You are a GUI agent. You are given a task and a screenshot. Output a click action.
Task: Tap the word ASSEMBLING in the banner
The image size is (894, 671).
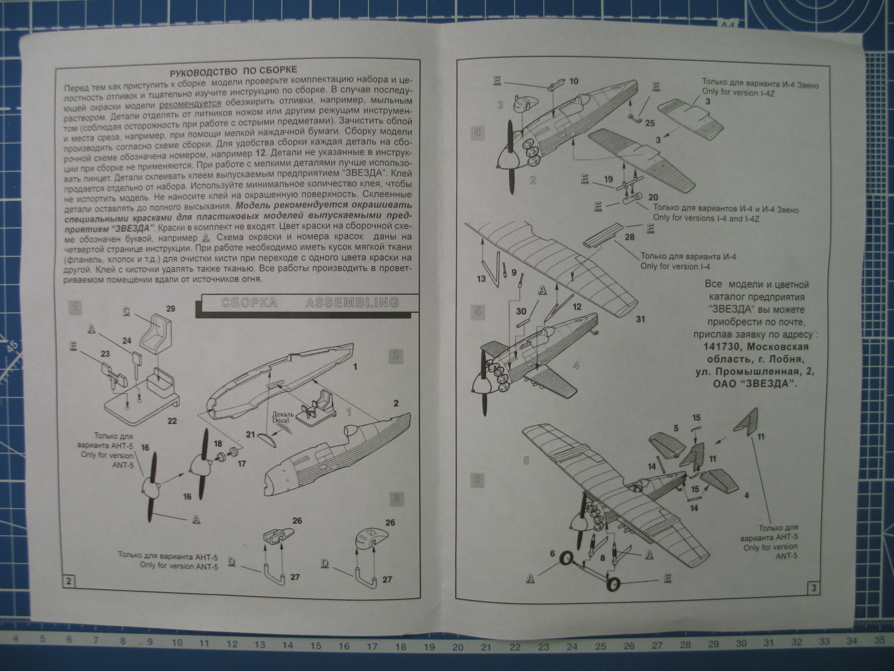[x=352, y=303]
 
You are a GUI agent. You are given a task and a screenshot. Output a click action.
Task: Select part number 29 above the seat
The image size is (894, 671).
[x=171, y=308]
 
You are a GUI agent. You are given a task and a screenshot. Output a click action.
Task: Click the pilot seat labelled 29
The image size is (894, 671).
[x=158, y=335]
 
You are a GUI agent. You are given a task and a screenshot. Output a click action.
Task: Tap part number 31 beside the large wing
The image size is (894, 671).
[x=640, y=319]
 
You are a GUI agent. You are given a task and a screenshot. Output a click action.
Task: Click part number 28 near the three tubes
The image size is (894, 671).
[x=630, y=238]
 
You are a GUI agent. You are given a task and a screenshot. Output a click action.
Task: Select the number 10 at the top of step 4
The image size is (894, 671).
[x=574, y=81]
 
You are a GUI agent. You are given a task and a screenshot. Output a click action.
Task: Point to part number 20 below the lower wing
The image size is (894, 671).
[x=652, y=196]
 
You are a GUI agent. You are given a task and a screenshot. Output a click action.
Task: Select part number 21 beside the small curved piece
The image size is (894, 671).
[x=250, y=434]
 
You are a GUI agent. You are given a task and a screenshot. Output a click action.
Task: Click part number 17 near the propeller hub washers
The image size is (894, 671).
[x=241, y=463]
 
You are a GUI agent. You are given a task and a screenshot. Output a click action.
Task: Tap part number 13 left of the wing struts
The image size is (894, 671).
[x=482, y=278]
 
